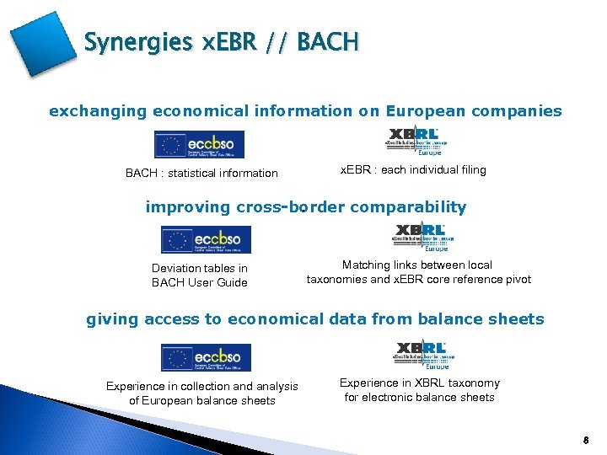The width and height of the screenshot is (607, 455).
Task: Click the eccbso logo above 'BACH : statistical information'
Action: [x=199, y=144]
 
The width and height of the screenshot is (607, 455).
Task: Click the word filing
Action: [x=469, y=169]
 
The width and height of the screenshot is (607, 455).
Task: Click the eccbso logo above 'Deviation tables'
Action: [x=206, y=239]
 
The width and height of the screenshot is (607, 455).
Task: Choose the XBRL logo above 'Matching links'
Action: [x=421, y=236]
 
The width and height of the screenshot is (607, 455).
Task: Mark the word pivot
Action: [x=517, y=279]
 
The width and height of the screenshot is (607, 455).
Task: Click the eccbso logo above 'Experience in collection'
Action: [x=206, y=357]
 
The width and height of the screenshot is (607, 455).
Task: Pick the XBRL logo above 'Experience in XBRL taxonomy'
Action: [x=421, y=354]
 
